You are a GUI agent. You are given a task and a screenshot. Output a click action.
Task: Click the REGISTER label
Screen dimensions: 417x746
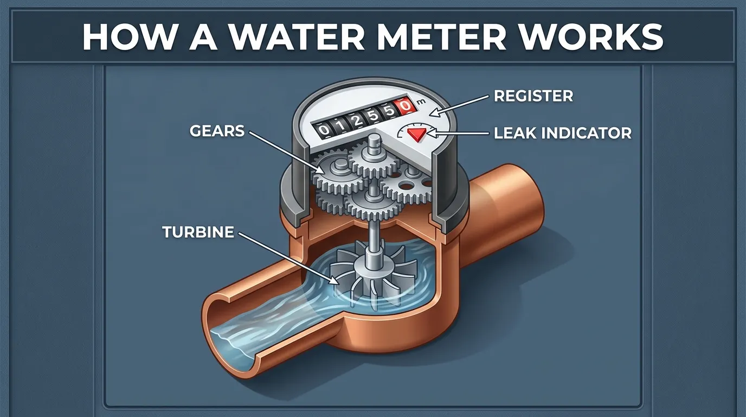point(533,97)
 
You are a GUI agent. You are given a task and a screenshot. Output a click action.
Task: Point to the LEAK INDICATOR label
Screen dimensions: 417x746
point(563,133)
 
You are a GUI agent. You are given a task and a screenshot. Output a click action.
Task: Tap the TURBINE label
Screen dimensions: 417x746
point(198,232)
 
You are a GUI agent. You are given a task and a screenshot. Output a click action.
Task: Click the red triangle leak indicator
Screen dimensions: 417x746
point(417,134)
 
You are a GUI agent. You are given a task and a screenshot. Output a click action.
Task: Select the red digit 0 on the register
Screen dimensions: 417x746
point(404,107)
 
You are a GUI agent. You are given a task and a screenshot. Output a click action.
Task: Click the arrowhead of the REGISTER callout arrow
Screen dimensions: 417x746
point(432,113)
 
